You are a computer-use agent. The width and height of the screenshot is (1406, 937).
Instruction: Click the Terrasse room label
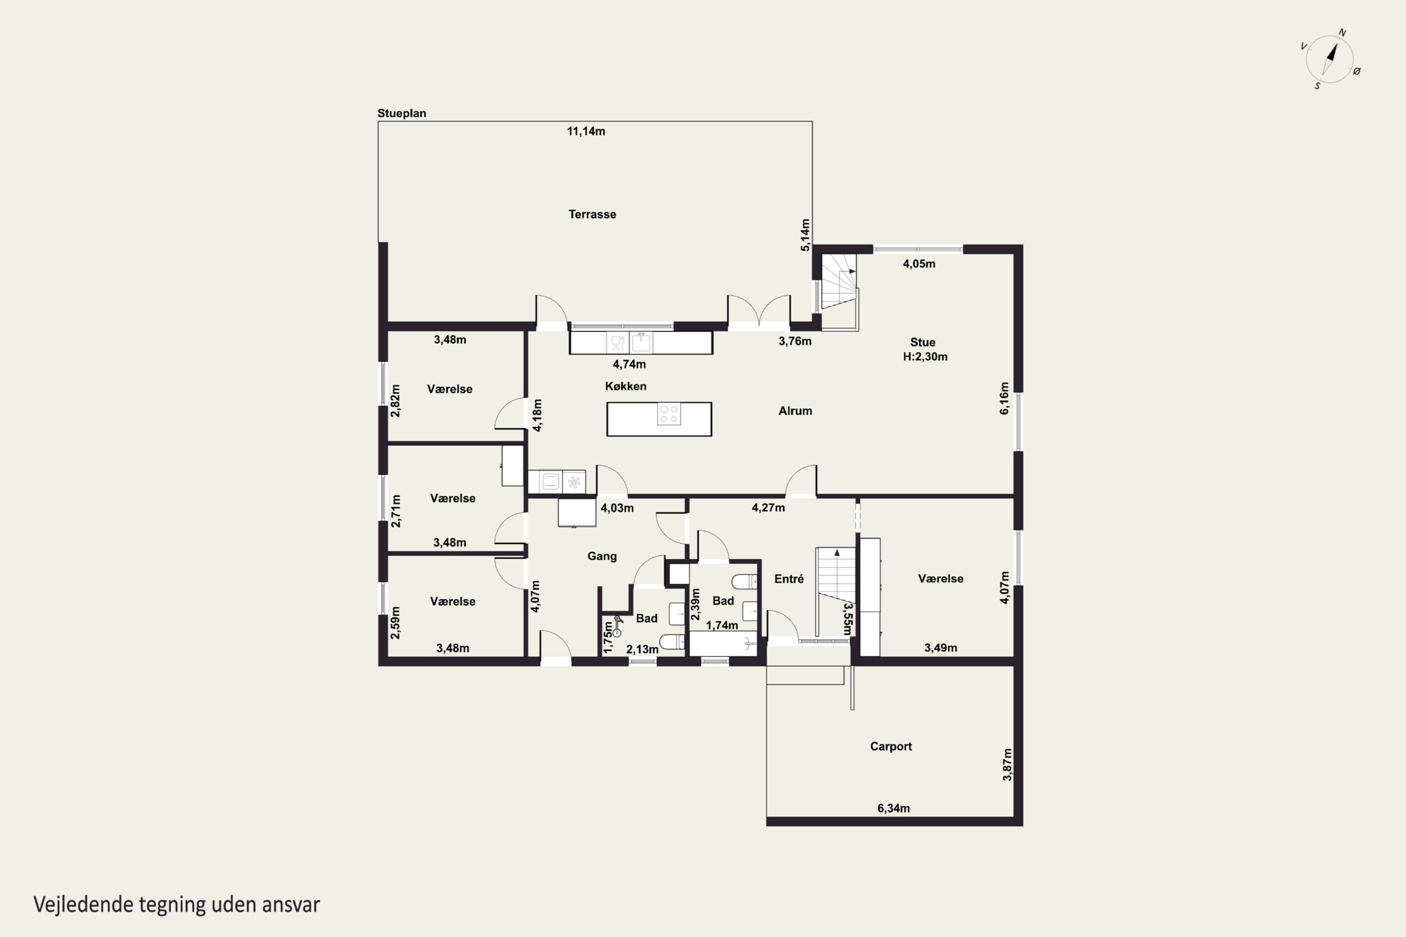click(x=592, y=214)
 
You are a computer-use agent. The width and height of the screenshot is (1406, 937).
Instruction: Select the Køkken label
click(x=625, y=386)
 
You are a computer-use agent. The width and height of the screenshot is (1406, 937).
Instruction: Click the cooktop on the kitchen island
click(x=669, y=414)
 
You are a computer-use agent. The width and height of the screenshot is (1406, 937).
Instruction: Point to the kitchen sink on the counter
click(x=641, y=342)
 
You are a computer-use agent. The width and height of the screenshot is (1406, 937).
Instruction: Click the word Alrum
click(x=795, y=410)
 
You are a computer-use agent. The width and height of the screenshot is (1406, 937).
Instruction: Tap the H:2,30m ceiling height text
click(x=925, y=357)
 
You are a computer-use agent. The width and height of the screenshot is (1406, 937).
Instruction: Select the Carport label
click(x=891, y=746)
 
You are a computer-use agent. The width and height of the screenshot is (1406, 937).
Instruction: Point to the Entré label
click(x=789, y=579)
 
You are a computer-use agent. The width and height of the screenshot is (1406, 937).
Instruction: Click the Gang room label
click(x=602, y=557)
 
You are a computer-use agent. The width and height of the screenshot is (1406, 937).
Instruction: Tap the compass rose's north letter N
click(x=1342, y=33)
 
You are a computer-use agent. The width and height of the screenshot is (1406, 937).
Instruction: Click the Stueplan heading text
click(x=402, y=113)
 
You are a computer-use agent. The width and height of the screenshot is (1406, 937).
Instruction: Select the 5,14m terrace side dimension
click(x=805, y=235)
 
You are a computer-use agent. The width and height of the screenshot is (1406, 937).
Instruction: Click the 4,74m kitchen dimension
click(x=629, y=364)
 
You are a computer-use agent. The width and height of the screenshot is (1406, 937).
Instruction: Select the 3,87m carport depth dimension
click(x=1007, y=764)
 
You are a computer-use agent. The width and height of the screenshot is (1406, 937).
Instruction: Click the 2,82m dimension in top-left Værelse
click(x=395, y=401)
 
